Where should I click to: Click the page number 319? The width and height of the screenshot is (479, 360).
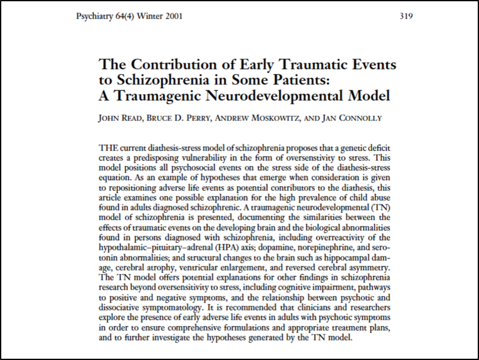[x=406, y=16]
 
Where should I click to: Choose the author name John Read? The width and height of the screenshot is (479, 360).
[x=120, y=118]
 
